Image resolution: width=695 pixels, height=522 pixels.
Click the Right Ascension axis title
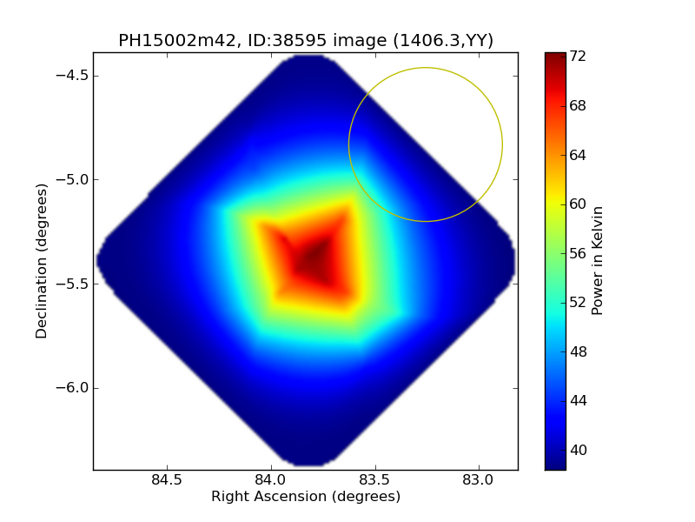click(306, 497)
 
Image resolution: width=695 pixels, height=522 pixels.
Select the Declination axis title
click(42, 261)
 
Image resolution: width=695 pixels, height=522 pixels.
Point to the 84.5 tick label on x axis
click(167, 479)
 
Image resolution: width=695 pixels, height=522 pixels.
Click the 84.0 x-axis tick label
click(271, 479)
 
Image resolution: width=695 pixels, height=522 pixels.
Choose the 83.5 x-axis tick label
click(374, 479)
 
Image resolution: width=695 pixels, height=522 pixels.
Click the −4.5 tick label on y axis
click(69, 76)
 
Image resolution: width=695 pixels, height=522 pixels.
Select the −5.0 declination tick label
click(69, 180)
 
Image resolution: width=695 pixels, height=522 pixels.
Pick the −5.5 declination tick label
click(69, 284)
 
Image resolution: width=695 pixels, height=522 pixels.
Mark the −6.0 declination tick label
click(69, 388)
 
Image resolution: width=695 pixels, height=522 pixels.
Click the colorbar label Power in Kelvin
click(598, 261)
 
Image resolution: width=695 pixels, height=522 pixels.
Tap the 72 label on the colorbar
click(578, 57)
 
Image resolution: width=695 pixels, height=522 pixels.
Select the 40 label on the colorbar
click(578, 450)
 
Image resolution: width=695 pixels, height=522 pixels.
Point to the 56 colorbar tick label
click(578, 253)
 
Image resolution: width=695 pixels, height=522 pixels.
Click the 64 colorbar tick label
click(578, 155)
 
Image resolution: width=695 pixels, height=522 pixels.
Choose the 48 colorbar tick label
click(578, 351)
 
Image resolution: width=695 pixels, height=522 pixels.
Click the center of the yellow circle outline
click(426, 144)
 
